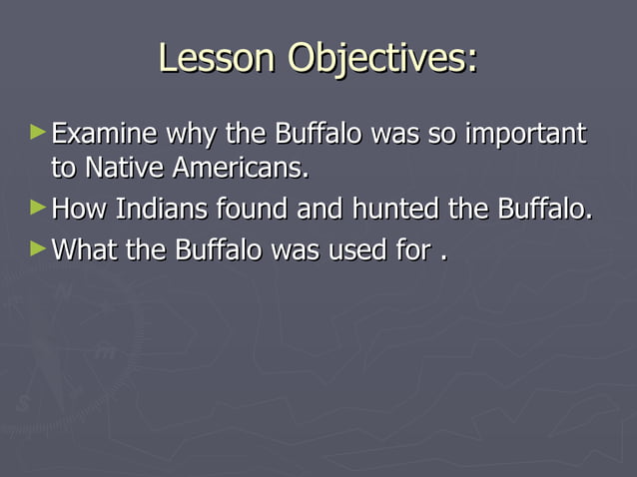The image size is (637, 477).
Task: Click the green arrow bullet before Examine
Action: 38,131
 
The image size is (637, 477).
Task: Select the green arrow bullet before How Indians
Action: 38,208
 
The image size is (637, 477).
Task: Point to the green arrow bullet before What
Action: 38,246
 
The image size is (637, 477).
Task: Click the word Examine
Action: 105,134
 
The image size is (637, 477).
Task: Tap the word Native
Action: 125,170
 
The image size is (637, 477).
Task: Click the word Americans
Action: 240,170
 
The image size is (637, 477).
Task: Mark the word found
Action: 253,211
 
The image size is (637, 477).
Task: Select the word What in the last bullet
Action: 85,249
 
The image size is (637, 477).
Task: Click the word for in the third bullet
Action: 410,249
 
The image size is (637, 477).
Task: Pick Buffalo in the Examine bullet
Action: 321,134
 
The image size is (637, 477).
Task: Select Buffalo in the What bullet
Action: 222,249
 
